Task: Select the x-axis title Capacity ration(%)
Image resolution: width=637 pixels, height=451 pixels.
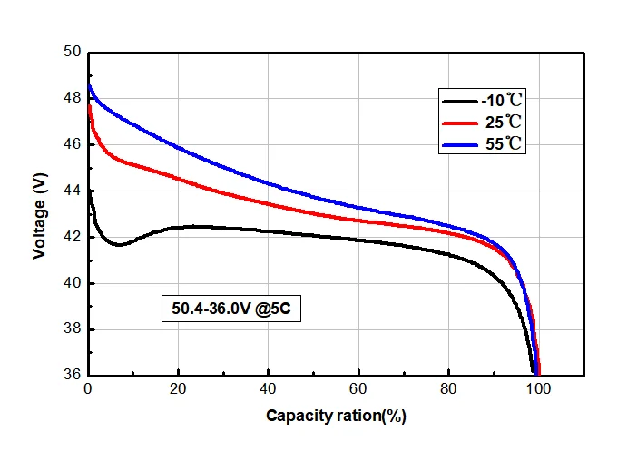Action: pyautogui.click(x=335, y=417)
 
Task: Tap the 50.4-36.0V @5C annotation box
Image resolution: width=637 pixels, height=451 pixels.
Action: pyautogui.click(x=230, y=309)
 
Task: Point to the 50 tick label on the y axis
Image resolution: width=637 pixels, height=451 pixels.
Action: pyautogui.click(x=72, y=52)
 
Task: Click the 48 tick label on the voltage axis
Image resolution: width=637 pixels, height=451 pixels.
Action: pyautogui.click(x=72, y=98)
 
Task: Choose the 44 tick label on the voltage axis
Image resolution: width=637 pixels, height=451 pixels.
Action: pyautogui.click(x=72, y=191)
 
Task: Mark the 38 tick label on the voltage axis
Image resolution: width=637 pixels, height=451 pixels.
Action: pyautogui.click(x=72, y=329)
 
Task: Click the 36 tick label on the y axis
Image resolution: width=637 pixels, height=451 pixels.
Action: pyautogui.click(x=72, y=374)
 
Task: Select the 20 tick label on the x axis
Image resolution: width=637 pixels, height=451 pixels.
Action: pyautogui.click(x=178, y=390)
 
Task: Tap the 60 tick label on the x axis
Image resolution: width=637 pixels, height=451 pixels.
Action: pyautogui.click(x=358, y=390)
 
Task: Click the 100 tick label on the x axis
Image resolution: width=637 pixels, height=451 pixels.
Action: pyautogui.click(x=539, y=390)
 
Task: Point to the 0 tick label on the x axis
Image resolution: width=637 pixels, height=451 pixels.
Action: pyautogui.click(x=88, y=390)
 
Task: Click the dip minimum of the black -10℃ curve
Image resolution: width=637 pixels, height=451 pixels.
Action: pyautogui.click(x=119, y=244)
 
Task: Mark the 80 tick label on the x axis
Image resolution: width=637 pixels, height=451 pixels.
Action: pyautogui.click(x=448, y=390)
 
